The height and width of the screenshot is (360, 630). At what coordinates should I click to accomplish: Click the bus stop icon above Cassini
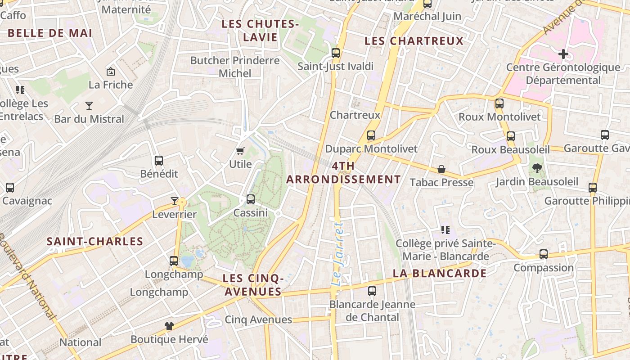tap(251, 199)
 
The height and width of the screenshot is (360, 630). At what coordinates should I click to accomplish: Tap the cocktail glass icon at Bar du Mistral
tap(89, 106)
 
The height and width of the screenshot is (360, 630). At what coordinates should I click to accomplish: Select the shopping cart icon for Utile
tap(240, 151)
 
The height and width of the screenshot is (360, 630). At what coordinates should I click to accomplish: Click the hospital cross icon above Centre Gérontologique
tap(563, 54)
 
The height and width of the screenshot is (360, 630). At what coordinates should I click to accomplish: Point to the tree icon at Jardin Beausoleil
tap(537, 169)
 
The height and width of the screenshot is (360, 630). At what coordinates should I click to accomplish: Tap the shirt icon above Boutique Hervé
tap(169, 326)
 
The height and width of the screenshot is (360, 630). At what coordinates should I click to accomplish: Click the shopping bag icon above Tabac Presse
tap(441, 169)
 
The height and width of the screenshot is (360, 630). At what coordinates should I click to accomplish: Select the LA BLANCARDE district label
tap(439, 273)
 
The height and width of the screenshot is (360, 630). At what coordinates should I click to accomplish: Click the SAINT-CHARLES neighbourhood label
tap(95, 241)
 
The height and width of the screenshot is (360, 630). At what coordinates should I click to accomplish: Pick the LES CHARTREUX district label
tap(414, 41)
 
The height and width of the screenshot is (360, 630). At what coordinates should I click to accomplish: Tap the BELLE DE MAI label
tap(50, 33)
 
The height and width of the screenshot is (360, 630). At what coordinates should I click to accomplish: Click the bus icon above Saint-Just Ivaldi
tap(335, 53)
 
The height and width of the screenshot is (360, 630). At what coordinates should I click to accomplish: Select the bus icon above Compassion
tap(544, 254)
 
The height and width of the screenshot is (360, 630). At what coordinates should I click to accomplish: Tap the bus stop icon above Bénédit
tap(158, 161)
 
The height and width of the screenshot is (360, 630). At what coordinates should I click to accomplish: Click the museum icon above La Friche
tap(110, 72)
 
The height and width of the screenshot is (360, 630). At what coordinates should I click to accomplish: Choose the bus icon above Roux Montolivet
tap(499, 103)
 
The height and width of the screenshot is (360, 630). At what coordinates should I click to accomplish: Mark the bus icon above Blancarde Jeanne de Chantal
tap(372, 291)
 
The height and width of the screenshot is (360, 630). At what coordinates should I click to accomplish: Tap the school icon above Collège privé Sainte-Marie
tap(445, 230)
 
